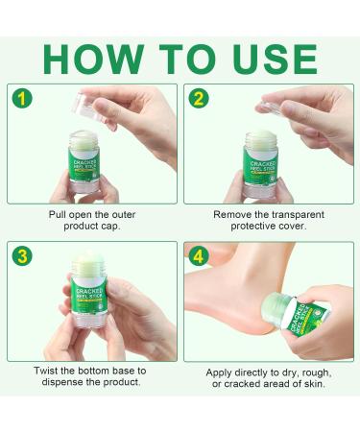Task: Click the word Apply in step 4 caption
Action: [x=222, y=371]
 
